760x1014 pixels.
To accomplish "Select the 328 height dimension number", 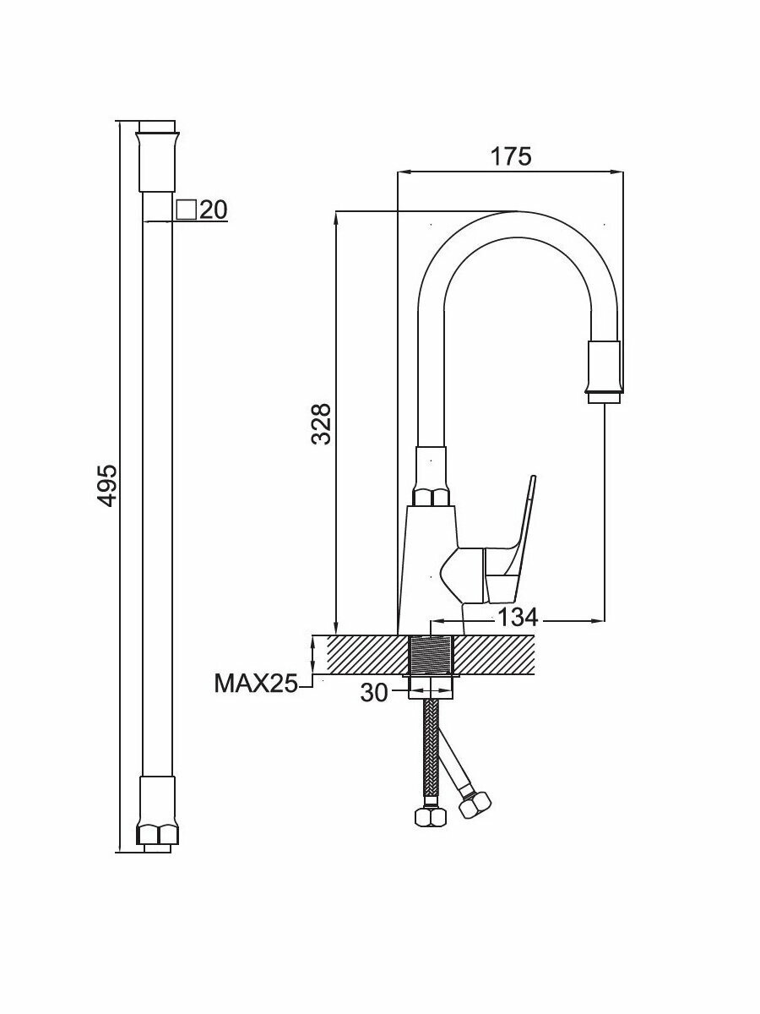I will point(321,423).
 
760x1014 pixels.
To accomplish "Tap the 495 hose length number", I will point(106,485).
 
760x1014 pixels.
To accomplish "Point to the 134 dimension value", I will point(518,618).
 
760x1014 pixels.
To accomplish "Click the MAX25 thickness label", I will point(256,683).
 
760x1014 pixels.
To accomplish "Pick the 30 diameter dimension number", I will point(374,693).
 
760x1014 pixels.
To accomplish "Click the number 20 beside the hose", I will point(214,210).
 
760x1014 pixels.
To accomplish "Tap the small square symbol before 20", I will point(187,209).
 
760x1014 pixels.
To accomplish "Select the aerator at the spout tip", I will point(605,368).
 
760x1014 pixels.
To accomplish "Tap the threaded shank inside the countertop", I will point(432,656).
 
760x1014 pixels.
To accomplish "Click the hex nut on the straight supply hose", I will point(432,816).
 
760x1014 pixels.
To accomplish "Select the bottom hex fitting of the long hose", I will point(158,832).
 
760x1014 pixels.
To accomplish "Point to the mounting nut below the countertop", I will point(432,685).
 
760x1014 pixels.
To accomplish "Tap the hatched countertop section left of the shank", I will point(363,655).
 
